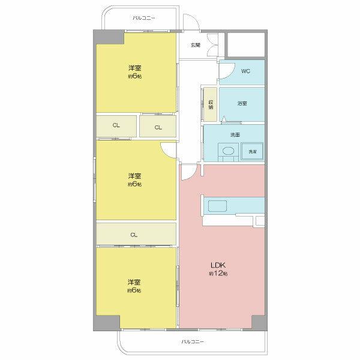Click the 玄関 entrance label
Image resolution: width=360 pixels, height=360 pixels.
click(196, 45)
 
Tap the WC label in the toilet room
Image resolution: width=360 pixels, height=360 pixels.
click(245, 71)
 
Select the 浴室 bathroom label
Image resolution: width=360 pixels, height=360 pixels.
click(242, 103)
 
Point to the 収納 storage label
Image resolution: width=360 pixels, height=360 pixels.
click(211, 104)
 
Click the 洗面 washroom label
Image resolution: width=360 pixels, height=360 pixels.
click(235, 135)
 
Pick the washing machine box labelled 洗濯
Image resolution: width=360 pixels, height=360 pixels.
click(252, 151)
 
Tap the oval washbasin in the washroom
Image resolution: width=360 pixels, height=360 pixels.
click(228, 151)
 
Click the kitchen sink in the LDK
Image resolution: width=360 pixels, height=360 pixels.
click(217, 206)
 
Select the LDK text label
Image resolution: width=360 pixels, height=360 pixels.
click(218, 265)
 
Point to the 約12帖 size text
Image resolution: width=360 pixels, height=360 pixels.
click(218, 274)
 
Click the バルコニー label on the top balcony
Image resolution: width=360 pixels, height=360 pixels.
click(144, 18)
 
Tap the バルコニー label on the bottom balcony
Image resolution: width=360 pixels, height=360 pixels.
click(193, 341)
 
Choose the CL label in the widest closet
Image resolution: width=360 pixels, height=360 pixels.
click(134, 235)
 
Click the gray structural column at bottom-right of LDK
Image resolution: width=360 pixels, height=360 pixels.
click(259, 323)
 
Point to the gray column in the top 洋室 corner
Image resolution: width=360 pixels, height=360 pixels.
click(109, 37)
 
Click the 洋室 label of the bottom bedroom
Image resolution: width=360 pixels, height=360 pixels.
click(134, 282)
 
